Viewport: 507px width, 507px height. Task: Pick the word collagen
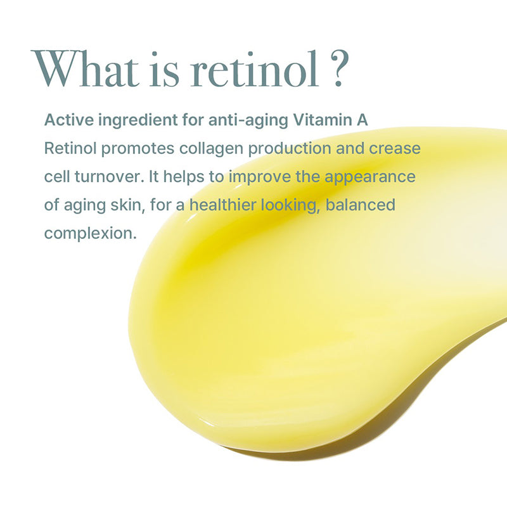[x=212, y=149]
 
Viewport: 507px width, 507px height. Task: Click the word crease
[x=396, y=150]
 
